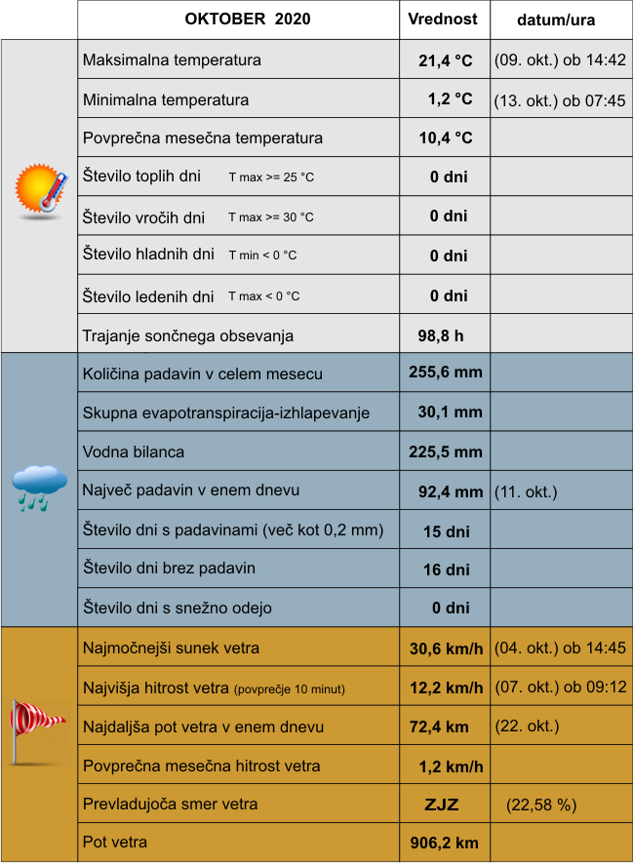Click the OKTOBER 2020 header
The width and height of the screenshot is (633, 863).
(x=239, y=19)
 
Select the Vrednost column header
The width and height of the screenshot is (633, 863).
(x=443, y=19)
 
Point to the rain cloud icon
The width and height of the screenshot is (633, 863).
(x=39, y=487)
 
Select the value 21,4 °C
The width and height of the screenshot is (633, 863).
(x=445, y=60)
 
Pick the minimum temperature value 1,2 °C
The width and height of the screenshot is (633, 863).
(x=450, y=99)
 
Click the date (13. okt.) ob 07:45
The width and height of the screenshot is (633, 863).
(x=560, y=99)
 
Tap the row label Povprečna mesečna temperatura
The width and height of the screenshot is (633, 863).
(x=203, y=138)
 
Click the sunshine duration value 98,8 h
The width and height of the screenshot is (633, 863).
(x=440, y=335)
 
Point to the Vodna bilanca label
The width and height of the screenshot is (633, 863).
(x=134, y=452)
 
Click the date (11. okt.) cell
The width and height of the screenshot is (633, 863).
(x=526, y=491)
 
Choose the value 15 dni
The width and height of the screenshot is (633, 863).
(x=447, y=531)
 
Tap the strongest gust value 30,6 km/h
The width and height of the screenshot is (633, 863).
(x=446, y=648)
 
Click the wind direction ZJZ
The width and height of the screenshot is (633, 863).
(x=441, y=805)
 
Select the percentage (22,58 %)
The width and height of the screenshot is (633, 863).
(x=541, y=805)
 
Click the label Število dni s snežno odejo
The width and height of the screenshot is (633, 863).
(x=178, y=608)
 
